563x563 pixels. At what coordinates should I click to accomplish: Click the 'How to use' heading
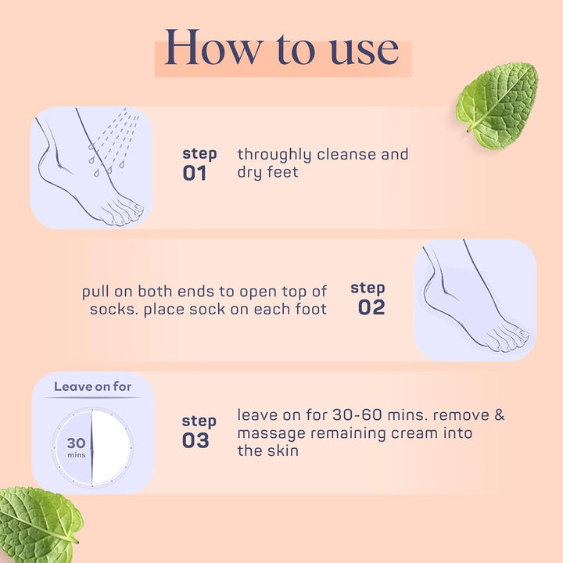click(x=282, y=49)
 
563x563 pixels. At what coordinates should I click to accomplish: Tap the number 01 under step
click(x=195, y=173)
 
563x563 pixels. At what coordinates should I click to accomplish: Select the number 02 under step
click(x=371, y=307)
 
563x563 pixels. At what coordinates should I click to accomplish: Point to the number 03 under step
click(x=195, y=441)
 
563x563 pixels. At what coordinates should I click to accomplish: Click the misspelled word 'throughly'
click(x=274, y=155)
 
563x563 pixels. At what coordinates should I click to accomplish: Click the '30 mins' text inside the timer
click(x=76, y=446)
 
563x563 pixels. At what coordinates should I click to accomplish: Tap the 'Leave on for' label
click(x=92, y=386)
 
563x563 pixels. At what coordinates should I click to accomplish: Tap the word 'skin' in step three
click(x=282, y=450)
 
